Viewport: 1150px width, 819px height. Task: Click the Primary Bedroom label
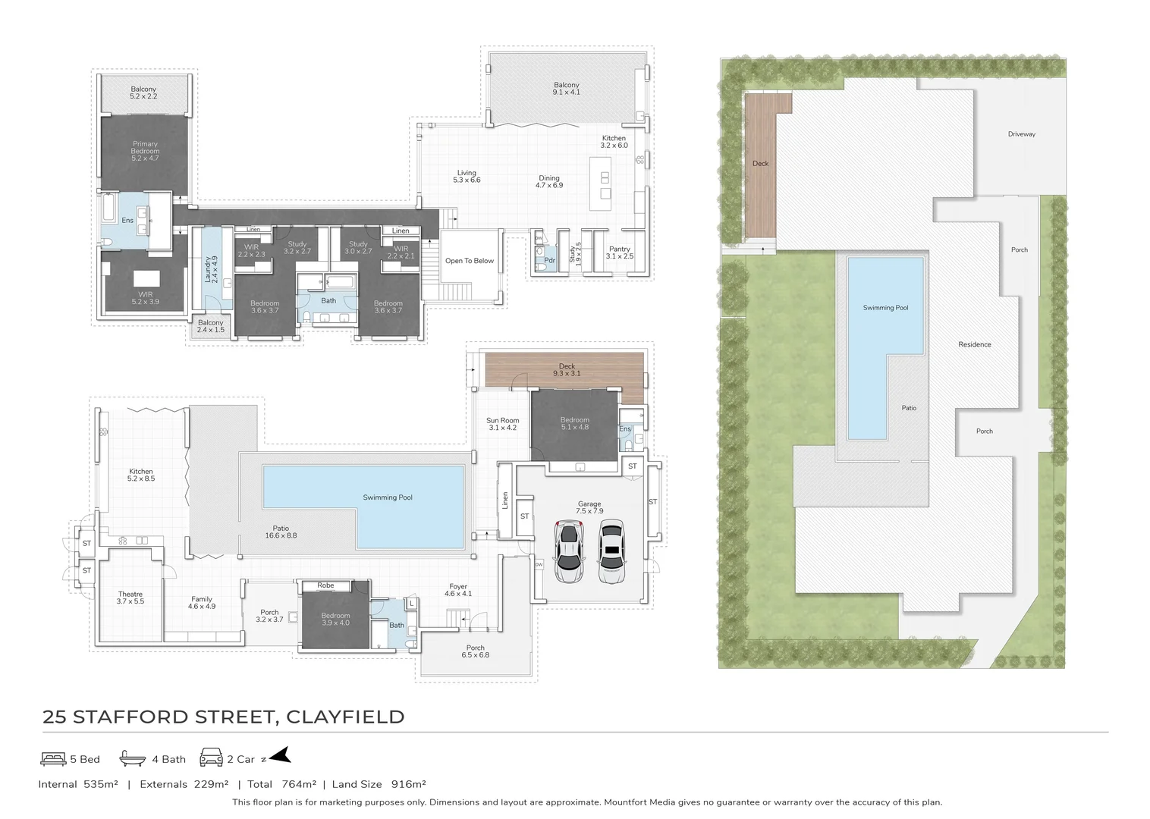tap(145, 147)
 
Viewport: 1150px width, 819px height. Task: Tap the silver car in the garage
tap(568, 551)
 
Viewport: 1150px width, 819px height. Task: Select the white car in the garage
tap(611, 551)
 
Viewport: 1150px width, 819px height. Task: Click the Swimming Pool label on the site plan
tap(885, 308)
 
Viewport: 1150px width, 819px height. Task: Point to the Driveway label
tap(1021, 134)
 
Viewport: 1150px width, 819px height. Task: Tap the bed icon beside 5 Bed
tap(52, 758)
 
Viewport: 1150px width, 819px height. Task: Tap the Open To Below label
tap(469, 261)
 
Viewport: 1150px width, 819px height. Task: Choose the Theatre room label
tap(130, 598)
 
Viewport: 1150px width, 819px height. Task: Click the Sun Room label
tap(502, 424)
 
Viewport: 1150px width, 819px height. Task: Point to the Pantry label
tap(619, 253)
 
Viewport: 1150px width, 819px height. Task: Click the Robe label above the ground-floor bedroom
tap(325, 585)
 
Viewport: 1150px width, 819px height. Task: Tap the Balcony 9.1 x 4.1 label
tap(566, 89)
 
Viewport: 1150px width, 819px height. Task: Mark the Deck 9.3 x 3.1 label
tap(567, 369)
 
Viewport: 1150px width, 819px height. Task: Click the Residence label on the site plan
tap(974, 344)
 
